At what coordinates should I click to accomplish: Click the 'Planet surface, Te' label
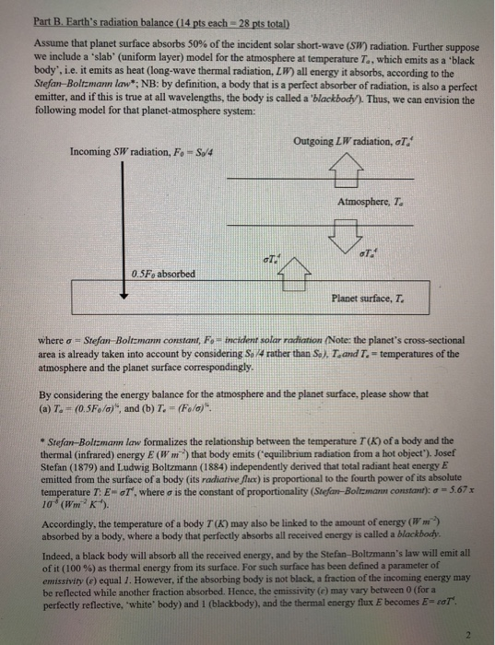(x=366, y=298)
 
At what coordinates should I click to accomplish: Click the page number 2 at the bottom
(x=469, y=631)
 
